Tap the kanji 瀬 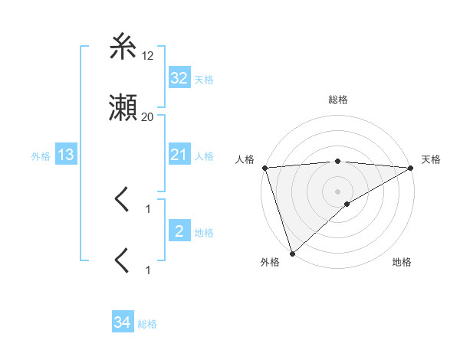[x=123, y=110]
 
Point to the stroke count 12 [x=148, y=55]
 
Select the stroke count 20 [x=148, y=117]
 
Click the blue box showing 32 [x=179, y=78]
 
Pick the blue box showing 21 [x=179, y=155]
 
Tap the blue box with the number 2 [x=179, y=231]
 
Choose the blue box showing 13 [x=66, y=155]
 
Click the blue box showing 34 [x=122, y=323]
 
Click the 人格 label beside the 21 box [x=204, y=156]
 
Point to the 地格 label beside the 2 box [x=204, y=233]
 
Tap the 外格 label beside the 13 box [x=41, y=156]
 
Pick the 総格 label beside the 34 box [x=147, y=325]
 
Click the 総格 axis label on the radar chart [x=338, y=100]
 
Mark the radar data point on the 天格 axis [x=411, y=168]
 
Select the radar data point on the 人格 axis [x=264, y=168]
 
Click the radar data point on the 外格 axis [x=292, y=253]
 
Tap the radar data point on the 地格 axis [x=347, y=204]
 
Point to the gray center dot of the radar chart [x=337, y=191]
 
